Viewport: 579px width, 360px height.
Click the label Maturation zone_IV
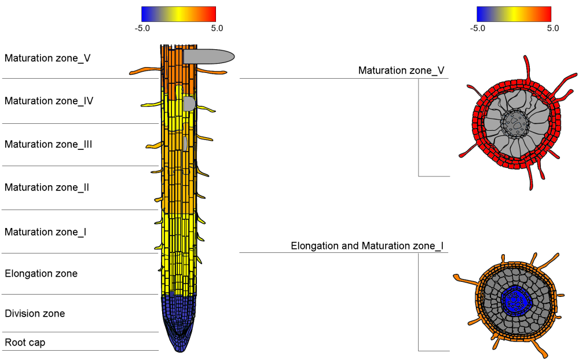pyautogui.click(x=49, y=101)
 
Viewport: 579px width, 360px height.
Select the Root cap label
pyautogui.click(x=25, y=342)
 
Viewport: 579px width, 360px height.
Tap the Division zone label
pyautogui.click(x=35, y=313)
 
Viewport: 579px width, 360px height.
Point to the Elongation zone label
pyautogui.click(x=41, y=273)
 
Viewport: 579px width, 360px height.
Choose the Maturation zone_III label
pyautogui.click(x=49, y=144)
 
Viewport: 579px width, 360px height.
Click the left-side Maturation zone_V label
pyautogui.click(x=47, y=58)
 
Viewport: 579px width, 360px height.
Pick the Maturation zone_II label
pyautogui.click(x=47, y=187)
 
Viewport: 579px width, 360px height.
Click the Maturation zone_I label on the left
pyautogui.click(x=46, y=232)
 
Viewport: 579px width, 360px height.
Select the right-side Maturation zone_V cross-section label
pyautogui.click(x=401, y=71)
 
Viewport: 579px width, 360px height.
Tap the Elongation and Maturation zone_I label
pyautogui.click(x=367, y=246)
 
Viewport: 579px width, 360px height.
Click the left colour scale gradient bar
pyautogui.click(x=178, y=14)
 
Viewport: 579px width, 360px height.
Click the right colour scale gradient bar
pyautogui.click(x=514, y=14)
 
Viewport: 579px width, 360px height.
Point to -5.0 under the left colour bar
pyautogui.click(x=142, y=27)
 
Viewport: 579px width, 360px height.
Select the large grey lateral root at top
pyautogui.click(x=208, y=56)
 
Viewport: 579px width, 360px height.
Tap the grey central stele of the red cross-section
pyautogui.click(x=514, y=122)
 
